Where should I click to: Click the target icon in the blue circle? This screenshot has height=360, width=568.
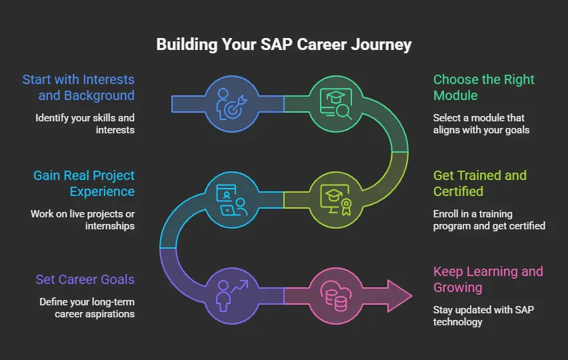point(234,107)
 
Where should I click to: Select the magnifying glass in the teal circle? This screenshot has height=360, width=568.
point(343,111)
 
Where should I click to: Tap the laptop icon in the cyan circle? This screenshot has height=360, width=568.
point(228,210)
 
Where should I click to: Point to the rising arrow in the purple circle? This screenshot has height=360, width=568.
point(240,286)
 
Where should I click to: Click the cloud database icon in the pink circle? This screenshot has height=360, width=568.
point(336,295)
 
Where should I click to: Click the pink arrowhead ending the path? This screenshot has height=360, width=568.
point(399,296)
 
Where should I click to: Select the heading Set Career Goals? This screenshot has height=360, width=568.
point(85,279)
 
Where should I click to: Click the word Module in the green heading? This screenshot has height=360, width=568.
point(455,95)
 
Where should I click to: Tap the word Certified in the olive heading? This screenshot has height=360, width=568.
point(458,191)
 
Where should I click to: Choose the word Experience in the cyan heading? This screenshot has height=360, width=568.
point(102,191)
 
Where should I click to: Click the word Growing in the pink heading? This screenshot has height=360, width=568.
point(458,287)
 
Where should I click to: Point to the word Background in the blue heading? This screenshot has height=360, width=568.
point(99,95)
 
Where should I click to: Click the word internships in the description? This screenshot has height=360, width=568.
point(110,226)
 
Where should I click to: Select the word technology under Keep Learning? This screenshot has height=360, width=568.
point(457,322)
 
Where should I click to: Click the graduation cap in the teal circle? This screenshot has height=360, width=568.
point(335,97)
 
